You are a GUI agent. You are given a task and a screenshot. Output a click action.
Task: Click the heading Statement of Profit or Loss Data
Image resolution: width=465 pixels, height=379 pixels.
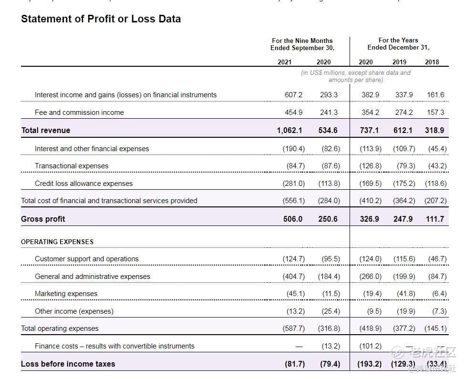click(101, 19)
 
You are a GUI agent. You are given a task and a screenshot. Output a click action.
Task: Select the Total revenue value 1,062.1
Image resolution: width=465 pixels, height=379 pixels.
click(289, 130)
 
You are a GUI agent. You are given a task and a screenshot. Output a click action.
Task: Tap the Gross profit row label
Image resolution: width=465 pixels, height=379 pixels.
click(43, 219)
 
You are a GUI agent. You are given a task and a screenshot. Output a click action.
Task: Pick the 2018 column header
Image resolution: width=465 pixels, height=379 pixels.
click(432, 62)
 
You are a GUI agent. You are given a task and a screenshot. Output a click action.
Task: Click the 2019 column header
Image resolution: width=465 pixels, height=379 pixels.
click(399, 62)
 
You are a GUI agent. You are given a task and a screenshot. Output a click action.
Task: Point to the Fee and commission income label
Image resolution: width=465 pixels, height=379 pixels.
click(79, 113)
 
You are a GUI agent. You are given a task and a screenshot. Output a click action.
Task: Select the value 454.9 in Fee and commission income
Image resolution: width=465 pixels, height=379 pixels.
click(293, 113)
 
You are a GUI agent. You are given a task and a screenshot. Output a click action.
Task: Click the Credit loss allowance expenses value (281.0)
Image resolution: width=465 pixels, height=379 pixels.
click(293, 184)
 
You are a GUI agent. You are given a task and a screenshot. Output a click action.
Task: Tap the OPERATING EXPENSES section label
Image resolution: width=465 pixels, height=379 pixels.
click(57, 242)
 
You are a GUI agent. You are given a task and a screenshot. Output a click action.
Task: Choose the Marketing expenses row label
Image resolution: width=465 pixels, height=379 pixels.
click(66, 294)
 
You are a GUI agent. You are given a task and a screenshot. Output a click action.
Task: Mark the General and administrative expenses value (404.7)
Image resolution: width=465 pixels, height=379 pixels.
click(293, 277)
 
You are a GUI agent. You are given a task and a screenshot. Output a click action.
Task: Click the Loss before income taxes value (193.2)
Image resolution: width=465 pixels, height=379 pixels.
click(370, 364)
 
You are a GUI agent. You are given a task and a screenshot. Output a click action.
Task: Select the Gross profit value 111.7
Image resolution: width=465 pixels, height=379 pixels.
click(434, 219)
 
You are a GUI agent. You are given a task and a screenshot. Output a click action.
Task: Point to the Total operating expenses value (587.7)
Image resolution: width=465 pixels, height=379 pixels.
click(293, 328)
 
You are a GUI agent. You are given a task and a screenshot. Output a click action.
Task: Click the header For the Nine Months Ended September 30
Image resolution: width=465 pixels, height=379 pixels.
click(302, 44)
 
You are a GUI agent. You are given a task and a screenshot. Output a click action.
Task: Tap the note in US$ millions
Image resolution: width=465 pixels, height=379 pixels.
click(355, 76)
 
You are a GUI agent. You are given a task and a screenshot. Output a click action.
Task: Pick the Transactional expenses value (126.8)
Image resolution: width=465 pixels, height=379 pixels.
click(371, 166)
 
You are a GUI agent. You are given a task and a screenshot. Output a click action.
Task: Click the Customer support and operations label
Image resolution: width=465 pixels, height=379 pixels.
click(87, 259)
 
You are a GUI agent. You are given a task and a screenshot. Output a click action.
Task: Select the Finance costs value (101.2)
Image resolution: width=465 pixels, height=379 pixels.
click(371, 346)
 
